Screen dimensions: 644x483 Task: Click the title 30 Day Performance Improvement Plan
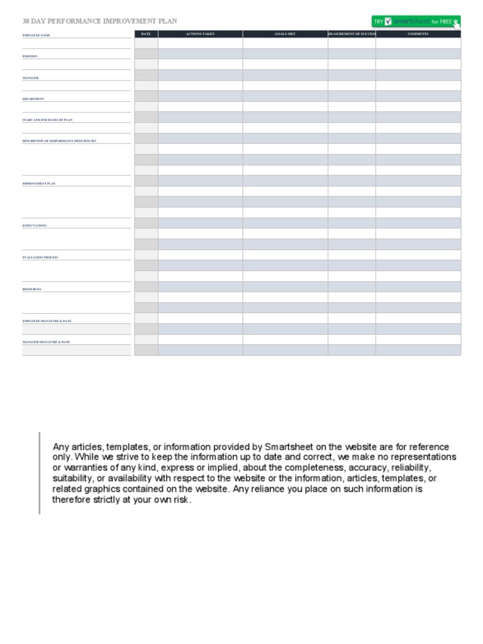pos(100,21)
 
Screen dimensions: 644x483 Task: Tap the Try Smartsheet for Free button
pos(416,21)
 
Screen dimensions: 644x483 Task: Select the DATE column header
pos(146,34)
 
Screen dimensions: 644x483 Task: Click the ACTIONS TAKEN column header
pos(200,34)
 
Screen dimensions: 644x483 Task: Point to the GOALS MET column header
pos(285,34)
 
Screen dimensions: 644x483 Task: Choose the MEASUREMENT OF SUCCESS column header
pos(352,34)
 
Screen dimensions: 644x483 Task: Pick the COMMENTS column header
pos(418,34)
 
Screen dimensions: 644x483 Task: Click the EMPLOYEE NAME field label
pos(36,35)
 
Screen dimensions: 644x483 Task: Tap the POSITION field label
pos(30,56)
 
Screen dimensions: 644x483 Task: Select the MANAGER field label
pos(31,78)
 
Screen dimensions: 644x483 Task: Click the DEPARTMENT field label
pos(33,99)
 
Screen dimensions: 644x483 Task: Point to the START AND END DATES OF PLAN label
pos(48,119)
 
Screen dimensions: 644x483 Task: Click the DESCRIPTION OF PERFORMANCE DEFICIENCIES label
pos(59,141)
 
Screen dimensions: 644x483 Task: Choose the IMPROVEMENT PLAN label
pos(39,184)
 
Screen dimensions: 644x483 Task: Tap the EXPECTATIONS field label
pos(35,225)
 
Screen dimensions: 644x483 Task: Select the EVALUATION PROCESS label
pos(40,257)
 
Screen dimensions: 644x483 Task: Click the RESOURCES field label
pos(32,289)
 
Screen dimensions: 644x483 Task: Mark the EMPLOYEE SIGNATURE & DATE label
pos(47,321)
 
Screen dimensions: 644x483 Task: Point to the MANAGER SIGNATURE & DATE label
pos(47,342)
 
